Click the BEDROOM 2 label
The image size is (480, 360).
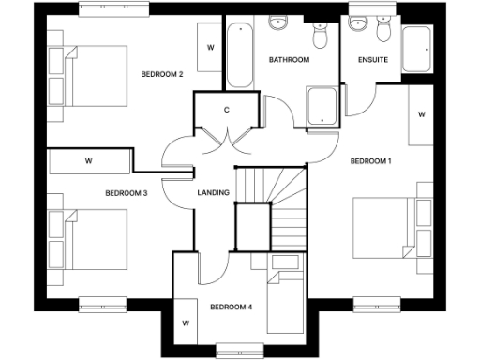click(161, 74)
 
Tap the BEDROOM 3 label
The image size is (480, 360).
click(126, 193)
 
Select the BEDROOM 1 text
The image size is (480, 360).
click(370, 161)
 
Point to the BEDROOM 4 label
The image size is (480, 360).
click(231, 307)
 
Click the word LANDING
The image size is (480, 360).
click(213, 193)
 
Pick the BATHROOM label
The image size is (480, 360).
click(289, 60)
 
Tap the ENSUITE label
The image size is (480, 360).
click(372, 60)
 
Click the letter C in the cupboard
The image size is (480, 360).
click(227, 111)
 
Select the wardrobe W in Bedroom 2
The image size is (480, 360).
click(210, 47)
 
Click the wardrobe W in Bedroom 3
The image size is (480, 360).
click(88, 161)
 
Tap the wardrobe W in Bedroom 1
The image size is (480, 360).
click(421, 115)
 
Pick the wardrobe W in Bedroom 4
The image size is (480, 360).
click(186, 322)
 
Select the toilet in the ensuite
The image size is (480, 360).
click(382, 33)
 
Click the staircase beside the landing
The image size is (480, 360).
click(272, 202)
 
